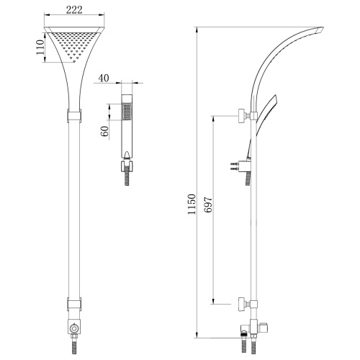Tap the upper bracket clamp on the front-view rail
(x=74, y=114)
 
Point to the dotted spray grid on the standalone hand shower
(x=127, y=112)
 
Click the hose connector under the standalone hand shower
(x=127, y=166)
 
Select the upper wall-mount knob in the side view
(x=240, y=115)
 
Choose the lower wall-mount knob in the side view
(x=240, y=303)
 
